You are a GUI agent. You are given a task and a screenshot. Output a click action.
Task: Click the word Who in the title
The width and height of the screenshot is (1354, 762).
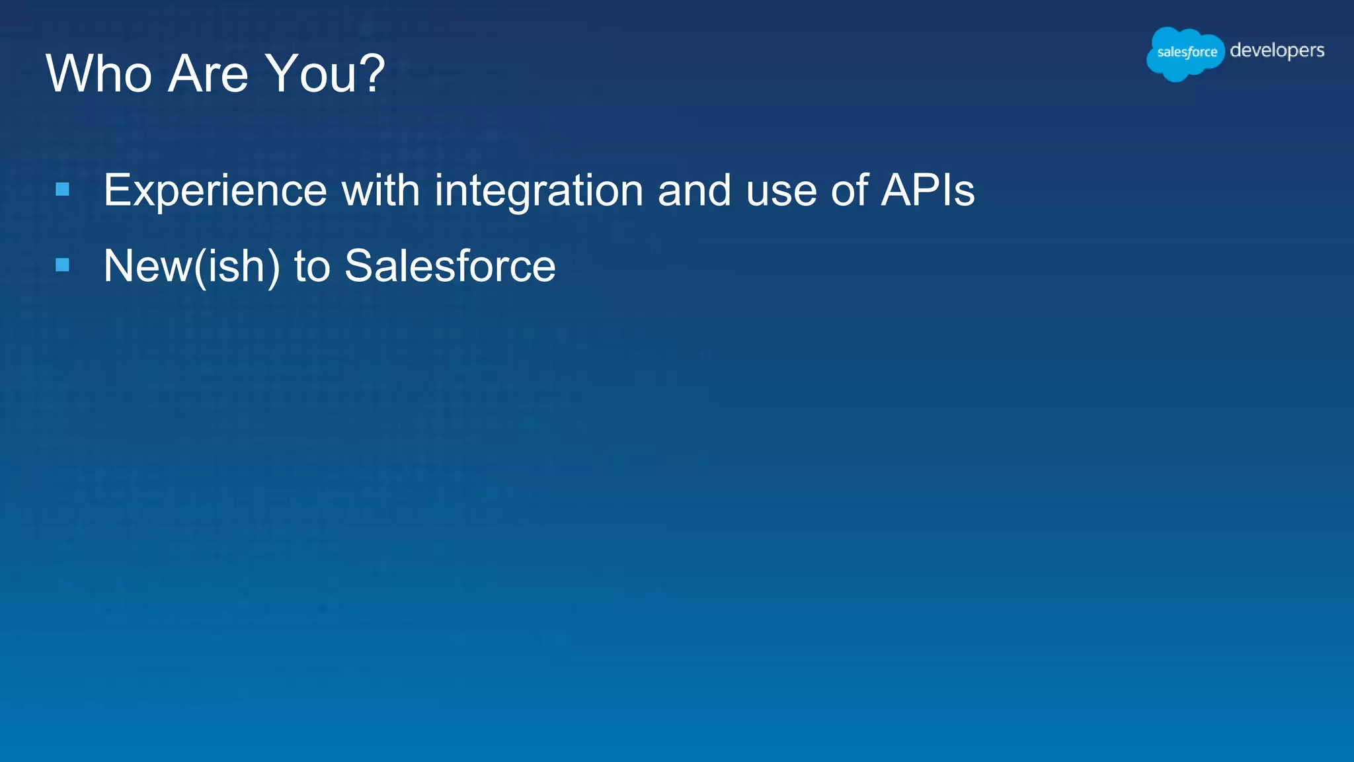click(x=99, y=73)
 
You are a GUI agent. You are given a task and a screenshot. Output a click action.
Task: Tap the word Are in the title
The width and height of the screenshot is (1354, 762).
click(x=208, y=73)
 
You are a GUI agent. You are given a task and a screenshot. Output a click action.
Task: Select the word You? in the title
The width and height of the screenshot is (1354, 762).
click(x=324, y=73)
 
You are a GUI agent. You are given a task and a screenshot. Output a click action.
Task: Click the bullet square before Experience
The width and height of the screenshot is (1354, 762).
click(x=63, y=190)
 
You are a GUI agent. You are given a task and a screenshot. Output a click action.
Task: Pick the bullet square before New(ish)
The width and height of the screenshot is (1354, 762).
click(x=63, y=265)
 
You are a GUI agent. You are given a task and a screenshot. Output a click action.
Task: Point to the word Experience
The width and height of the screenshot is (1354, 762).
click(x=215, y=191)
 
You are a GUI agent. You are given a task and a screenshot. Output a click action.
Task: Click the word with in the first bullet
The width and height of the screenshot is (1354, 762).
click(x=380, y=190)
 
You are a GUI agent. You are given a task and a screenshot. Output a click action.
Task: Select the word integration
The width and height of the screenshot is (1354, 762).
click(x=538, y=191)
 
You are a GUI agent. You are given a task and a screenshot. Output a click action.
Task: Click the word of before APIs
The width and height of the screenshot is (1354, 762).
click(x=849, y=190)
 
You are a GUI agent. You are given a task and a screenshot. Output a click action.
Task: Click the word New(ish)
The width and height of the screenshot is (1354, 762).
click(x=192, y=267)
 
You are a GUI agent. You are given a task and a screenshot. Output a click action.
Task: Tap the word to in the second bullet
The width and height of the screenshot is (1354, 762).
click(x=311, y=267)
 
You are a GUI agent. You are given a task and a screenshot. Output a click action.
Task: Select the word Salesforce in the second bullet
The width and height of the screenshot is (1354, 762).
click(x=450, y=266)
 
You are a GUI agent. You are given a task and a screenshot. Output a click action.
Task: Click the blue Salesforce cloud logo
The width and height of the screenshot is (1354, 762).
click(x=1185, y=53)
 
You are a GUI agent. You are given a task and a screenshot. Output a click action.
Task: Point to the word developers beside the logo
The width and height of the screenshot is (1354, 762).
click(x=1277, y=51)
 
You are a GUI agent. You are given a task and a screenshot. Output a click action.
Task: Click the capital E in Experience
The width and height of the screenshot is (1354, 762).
click(x=117, y=190)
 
